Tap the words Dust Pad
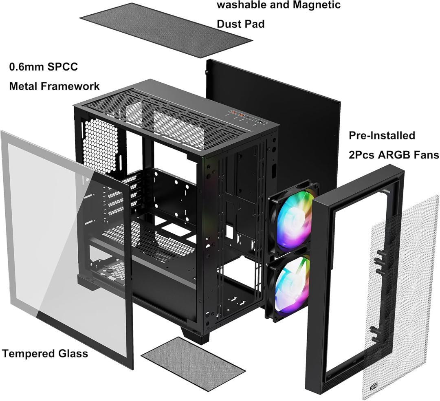(x=240, y=24)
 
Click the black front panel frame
(x=322, y=285)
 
